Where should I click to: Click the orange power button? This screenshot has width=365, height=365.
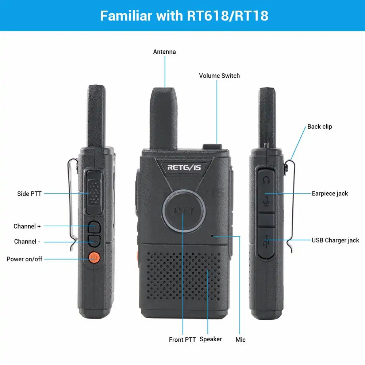[x=94, y=258]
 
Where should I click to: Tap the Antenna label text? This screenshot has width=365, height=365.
[x=164, y=52]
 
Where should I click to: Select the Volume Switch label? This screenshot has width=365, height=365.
[x=219, y=76]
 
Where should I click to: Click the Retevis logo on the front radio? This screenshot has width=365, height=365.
[x=184, y=168]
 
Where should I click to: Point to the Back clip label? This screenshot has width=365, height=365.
[x=320, y=127]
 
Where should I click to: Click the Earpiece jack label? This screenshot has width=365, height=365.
[x=330, y=193]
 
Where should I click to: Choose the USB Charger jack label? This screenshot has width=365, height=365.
[x=335, y=240]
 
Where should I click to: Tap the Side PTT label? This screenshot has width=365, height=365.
[x=29, y=194]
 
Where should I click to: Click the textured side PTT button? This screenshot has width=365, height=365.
[x=94, y=192]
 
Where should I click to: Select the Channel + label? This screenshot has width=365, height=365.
[x=27, y=226]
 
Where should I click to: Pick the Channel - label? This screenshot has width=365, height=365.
[x=27, y=242]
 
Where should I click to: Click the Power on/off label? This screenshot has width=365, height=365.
[x=24, y=259]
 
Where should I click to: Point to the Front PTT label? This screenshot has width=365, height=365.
[x=182, y=340]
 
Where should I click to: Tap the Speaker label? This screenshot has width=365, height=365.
[x=211, y=339]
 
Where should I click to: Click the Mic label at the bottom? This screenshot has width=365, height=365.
[x=241, y=340]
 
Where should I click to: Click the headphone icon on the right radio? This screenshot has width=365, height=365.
[x=266, y=180]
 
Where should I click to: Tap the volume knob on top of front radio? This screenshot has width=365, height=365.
[x=212, y=147]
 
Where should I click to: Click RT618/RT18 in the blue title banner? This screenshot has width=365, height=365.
[x=228, y=16]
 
